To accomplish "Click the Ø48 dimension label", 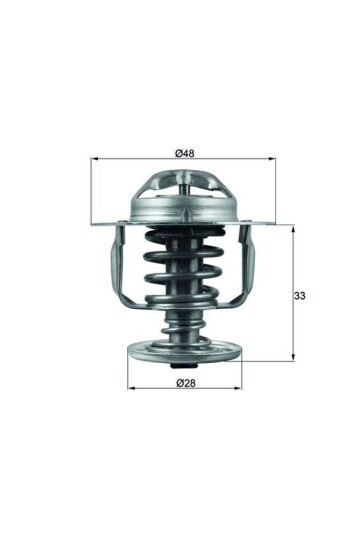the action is (184, 153).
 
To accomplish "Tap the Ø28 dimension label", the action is (186, 383).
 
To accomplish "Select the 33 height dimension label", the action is (299, 295).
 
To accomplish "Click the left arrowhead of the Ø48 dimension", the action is (95, 159).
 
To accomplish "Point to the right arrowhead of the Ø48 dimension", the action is (272, 159).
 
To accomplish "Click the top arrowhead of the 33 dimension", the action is (293, 230).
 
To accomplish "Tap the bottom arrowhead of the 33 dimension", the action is (293, 357).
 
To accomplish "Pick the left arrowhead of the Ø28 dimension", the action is (131, 388).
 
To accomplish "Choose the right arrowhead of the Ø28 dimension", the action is (238, 388).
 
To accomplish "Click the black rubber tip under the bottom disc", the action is (184, 366).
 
